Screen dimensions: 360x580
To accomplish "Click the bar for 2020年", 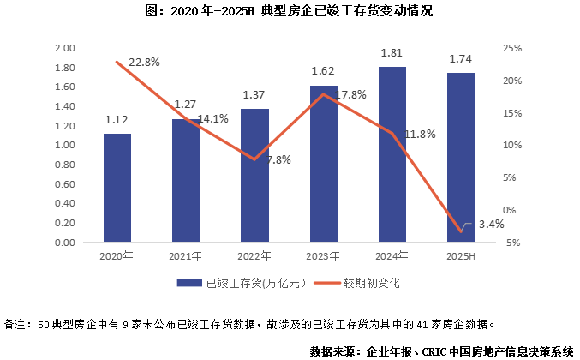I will click(x=117, y=189).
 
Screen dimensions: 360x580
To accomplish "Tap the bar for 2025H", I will click(x=461, y=158).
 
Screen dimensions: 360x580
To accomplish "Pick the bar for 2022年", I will click(x=254, y=176).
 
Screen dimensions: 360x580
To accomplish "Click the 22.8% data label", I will click(x=145, y=63).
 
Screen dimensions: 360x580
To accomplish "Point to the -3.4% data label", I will click(x=488, y=225).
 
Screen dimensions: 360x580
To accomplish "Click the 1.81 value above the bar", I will click(x=392, y=54).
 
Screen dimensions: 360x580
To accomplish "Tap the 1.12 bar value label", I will click(x=117, y=121).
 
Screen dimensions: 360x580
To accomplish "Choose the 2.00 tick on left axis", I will click(x=66, y=48).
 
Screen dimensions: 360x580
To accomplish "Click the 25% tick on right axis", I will click(x=511, y=48).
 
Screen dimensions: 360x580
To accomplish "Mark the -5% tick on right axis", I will click(x=511, y=243).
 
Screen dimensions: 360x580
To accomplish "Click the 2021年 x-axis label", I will click(x=186, y=256).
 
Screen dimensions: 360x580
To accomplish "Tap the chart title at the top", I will click(x=290, y=11).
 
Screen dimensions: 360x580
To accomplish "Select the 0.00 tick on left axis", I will click(x=66, y=243).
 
